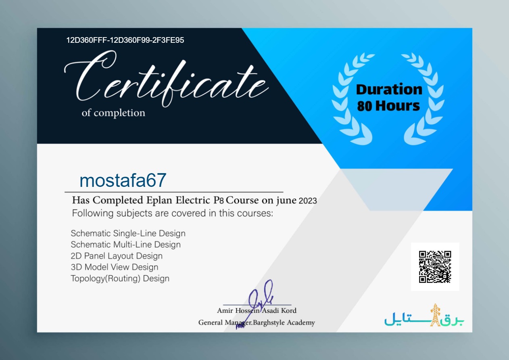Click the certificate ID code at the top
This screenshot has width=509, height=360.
tap(125, 40)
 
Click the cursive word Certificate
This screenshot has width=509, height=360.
tap(166, 78)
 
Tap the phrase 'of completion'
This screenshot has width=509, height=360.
tap(113, 113)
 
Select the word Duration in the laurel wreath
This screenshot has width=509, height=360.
tap(389, 89)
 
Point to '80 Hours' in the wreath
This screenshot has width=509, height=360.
tap(388, 106)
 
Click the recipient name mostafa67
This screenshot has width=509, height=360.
tap(123, 180)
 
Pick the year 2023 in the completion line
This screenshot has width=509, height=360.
tap(308, 201)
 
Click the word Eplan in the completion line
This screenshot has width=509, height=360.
tap(159, 200)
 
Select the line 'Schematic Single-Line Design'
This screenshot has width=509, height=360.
tap(128, 234)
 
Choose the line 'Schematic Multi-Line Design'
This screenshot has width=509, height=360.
tap(126, 245)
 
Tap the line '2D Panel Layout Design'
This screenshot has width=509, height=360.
tap(117, 256)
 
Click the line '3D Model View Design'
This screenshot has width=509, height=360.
tap(115, 267)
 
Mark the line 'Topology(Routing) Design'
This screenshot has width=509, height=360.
tap(120, 278)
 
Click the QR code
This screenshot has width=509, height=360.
tap(435, 267)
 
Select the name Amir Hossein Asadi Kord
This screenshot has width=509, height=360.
tap(257, 311)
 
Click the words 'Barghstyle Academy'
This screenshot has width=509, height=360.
tap(284, 323)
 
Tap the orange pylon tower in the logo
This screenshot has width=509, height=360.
tap(435, 315)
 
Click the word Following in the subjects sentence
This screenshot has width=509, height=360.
tap(93, 213)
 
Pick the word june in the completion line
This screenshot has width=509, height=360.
tap(286, 201)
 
